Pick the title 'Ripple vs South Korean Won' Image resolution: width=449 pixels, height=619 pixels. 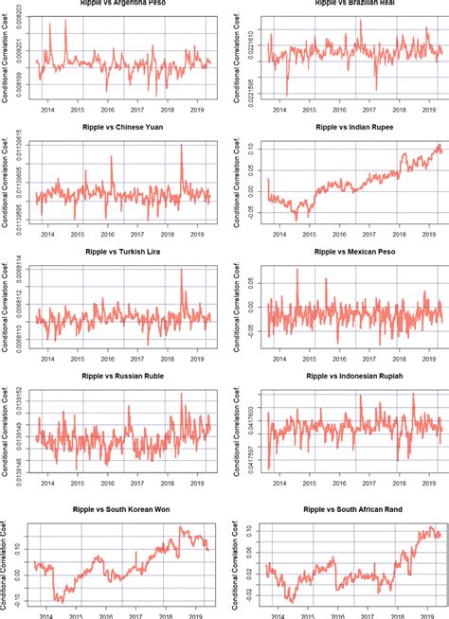point(119,511)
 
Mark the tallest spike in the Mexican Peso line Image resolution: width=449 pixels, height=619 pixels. point(297,271)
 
